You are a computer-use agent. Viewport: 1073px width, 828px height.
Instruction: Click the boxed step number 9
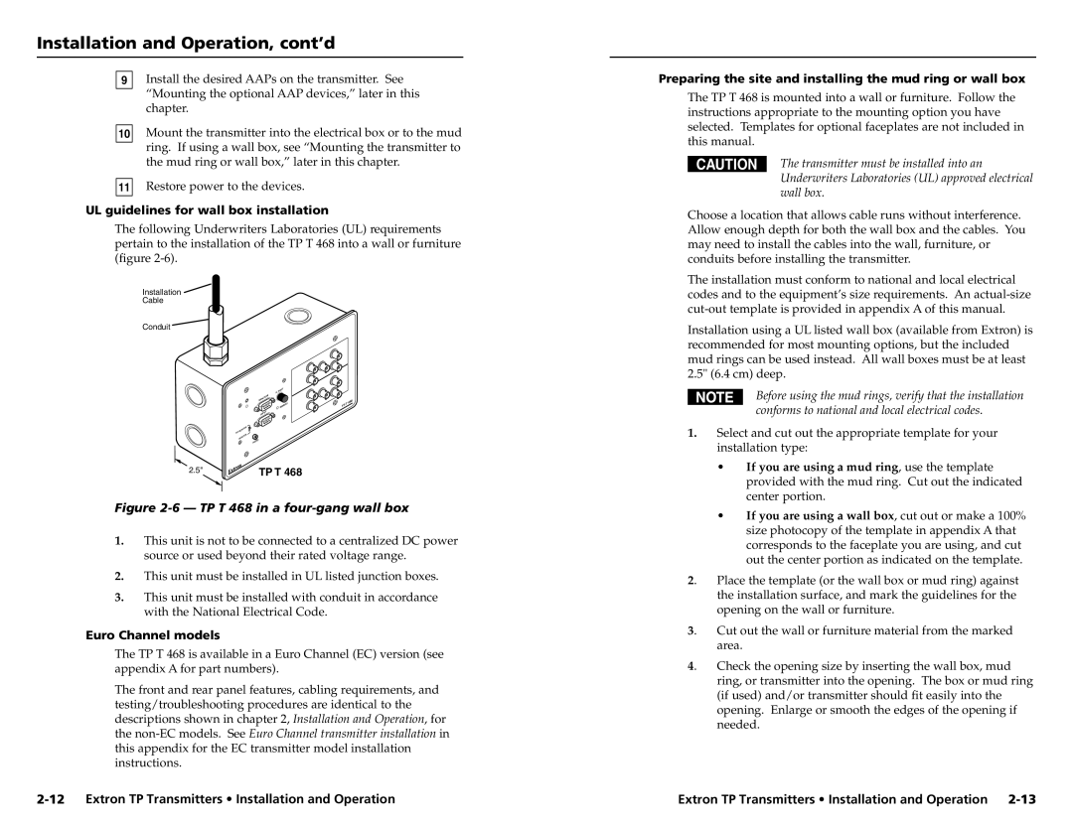tap(124, 78)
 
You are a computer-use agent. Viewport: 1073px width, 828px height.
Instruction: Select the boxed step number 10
tap(124, 133)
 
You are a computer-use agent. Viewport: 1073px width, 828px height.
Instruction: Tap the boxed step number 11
tap(124, 187)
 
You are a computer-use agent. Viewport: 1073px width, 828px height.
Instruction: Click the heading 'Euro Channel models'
tap(167, 634)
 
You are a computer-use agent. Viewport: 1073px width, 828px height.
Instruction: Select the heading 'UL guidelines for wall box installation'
tap(222, 210)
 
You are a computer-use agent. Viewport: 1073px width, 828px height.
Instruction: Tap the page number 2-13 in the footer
tap(1019, 798)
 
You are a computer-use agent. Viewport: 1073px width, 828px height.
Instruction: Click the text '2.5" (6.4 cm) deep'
tap(736, 375)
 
